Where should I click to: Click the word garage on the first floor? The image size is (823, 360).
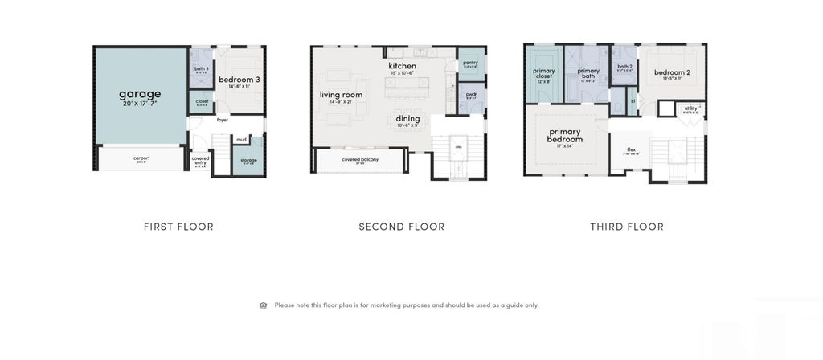140,94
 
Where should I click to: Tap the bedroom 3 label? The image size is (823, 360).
239,80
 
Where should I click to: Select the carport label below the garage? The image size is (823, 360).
141,157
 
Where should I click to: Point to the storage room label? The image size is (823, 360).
249,159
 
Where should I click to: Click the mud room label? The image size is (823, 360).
241,139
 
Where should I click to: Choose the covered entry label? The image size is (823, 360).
201,160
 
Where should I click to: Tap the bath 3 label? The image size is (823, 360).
202,68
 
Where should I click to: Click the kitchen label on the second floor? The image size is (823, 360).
403,66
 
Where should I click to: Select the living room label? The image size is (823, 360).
341,95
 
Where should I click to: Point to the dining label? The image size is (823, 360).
407,119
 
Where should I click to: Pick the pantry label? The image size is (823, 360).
470,62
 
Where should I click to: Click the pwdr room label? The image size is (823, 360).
471,94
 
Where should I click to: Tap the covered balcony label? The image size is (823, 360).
360,159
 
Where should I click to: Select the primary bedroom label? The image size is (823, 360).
565,135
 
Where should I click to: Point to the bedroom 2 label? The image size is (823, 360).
673,72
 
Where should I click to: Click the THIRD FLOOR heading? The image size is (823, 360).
627,227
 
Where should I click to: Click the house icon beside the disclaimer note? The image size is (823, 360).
264,305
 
